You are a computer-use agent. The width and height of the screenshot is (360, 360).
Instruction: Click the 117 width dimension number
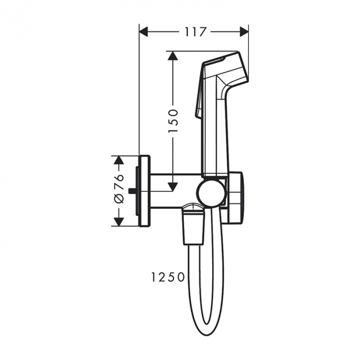(194, 32)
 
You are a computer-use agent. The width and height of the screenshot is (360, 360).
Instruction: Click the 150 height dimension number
(173, 120)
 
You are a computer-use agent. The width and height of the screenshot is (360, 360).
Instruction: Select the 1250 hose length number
(168, 277)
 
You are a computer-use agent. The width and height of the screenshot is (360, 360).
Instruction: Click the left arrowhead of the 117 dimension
(145, 32)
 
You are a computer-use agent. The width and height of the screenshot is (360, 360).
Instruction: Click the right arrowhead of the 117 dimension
(244, 32)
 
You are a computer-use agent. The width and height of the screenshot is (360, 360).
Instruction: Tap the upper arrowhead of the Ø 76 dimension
(119, 160)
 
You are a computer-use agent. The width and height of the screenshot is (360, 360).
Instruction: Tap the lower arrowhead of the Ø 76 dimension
(119, 222)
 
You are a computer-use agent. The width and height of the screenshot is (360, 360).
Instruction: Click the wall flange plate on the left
(145, 191)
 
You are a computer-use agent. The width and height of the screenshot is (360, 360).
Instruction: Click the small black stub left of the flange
(133, 191)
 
